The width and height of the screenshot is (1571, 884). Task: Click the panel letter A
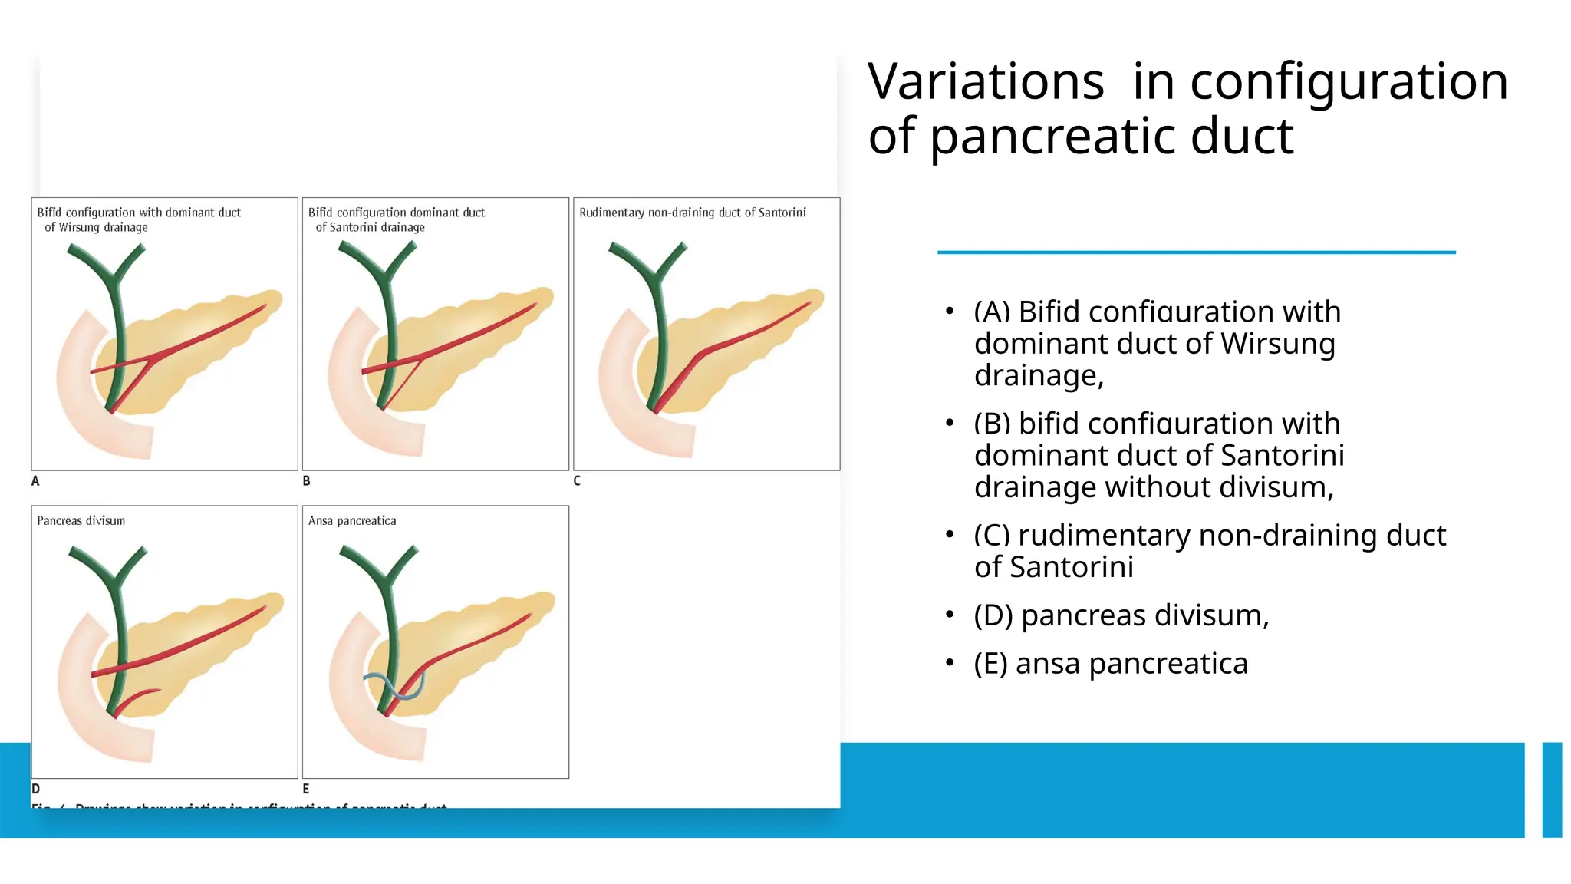pos(35,481)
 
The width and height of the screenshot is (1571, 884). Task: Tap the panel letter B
pos(307,481)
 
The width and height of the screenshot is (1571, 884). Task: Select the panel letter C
pos(577,481)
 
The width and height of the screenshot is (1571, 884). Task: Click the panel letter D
pos(35,789)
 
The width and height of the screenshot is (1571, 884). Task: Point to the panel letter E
pos(306,789)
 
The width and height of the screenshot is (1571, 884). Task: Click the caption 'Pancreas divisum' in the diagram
pos(81,520)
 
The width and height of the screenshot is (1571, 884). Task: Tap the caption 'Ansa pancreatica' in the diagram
pos(352,520)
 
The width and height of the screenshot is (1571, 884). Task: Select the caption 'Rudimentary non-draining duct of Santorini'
pos(692,213)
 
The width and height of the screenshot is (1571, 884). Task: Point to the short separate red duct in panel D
pos(138,699)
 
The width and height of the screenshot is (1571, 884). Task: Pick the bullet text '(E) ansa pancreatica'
pos(1111,663)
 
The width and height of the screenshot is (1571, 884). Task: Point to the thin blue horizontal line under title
pos(1196,252)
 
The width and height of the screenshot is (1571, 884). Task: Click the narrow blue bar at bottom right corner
pos(1552,790)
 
